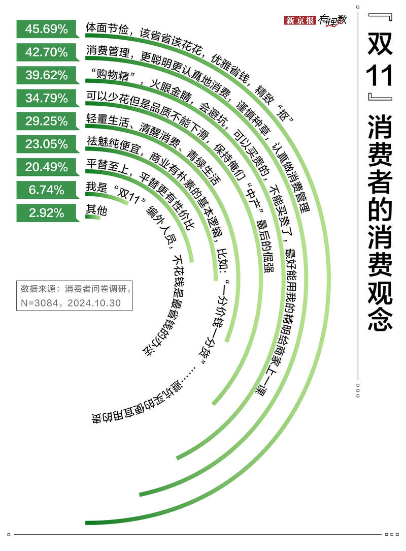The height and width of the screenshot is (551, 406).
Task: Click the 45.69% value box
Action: tap(46, 29)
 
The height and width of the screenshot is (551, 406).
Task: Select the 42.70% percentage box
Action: tap(46, 52)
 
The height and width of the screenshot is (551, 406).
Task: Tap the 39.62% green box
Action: tap(46, 75)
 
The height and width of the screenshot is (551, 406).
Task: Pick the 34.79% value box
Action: tap(46, 98)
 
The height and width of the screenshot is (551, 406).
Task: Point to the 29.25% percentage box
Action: tap(46, 121)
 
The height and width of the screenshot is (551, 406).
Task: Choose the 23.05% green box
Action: tap(46, 144)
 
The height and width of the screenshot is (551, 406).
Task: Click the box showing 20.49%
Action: tap(46, 167)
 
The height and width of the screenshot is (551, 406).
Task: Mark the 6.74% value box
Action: tap(46, 190)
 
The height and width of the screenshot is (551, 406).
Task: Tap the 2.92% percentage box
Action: tap(46, 213)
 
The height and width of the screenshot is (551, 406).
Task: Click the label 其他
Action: tap(97, 209)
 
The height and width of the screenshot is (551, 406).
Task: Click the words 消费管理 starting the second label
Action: tap(105, 50)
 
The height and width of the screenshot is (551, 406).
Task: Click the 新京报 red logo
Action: tap(300, 20)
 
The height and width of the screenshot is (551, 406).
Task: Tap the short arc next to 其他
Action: tap(93, 217)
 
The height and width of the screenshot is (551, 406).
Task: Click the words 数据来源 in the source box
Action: tap(39, 289)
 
